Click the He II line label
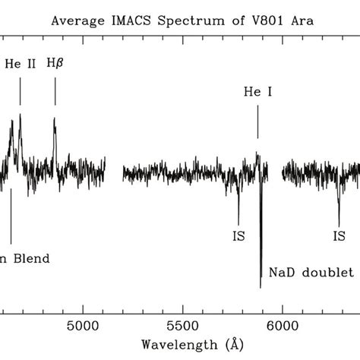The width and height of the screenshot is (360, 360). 20,64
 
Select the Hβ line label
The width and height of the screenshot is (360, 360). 55,64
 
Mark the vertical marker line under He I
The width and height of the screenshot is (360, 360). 257,122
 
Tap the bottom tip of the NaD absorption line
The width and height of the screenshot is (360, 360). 261,287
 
